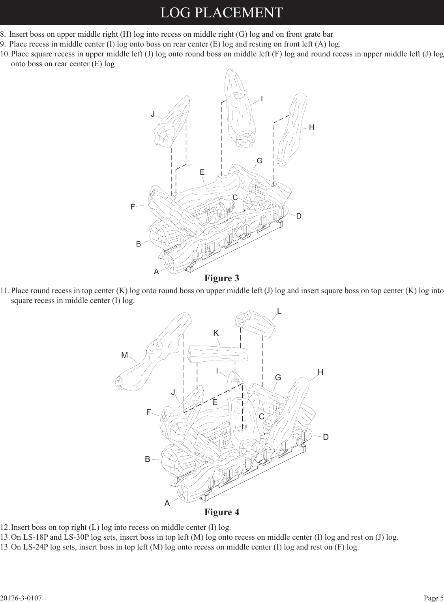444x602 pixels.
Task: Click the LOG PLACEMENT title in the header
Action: pyautogui.click(x=221, y=12)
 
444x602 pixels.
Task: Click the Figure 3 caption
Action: pyautogui.click(x=221, y=279)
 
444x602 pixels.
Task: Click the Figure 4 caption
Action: pyautogui.click(x=221, y=512)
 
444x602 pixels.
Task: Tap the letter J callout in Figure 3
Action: pyautogui.click(x=153, y=114)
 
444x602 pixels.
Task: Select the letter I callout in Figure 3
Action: pyautogui.click(x=262, y=99)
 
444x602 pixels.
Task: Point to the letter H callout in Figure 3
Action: pyautogui.click(x=312, y=127)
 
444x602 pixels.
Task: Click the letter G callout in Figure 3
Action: pyautogui.click(x=259, y=161)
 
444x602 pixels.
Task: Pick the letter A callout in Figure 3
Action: pyautogui.click(x=156, y=272)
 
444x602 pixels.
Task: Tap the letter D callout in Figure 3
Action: pyautogui.click(x=299, y=216)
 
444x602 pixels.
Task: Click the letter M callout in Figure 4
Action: pyautogui.click(x=125, y=355)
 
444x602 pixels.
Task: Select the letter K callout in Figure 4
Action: pyautogui.click(x=216, y=333)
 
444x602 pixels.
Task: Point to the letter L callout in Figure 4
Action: pyautogui.click(x=279, y=311)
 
